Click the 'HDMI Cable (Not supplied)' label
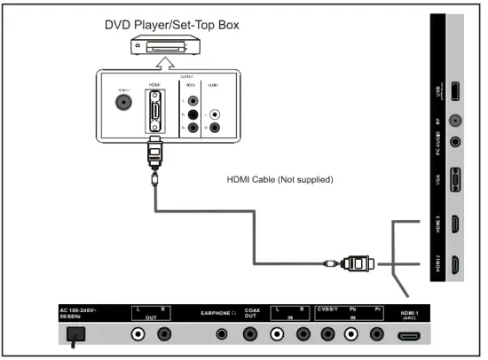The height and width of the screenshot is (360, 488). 279,181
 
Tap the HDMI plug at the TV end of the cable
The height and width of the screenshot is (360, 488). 357,262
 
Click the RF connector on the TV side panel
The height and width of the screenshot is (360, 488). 455,120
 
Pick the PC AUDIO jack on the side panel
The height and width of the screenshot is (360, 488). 455,139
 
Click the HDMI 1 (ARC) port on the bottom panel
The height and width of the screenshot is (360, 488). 409,336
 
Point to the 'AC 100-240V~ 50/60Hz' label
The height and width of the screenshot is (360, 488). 83,314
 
